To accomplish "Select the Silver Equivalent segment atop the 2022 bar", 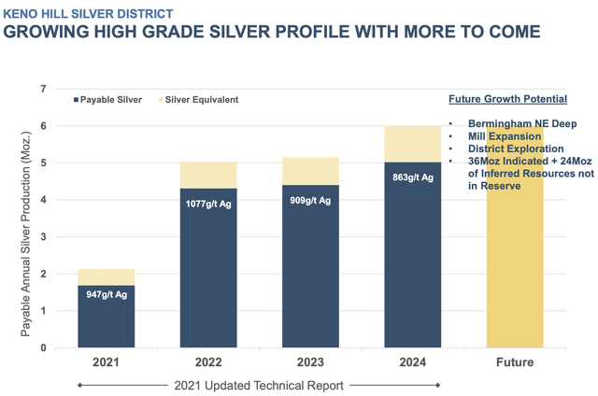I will click(x=207, y=176).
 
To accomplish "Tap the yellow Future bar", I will click(x=515, y=271).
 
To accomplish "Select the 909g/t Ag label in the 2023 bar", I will click(x=311, y=198).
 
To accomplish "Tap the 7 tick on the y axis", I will click(x=42, y=89).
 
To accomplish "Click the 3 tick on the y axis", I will click(x=42, y=237).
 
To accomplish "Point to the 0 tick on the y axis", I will click(x=42, y=348).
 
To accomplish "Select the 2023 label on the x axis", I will click(x=311, y=362).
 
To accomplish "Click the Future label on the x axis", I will click(x=515, y=362).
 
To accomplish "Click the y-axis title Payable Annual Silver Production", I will click(x=23, y=219).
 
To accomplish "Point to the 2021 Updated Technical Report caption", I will click(x=259, y=385).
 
